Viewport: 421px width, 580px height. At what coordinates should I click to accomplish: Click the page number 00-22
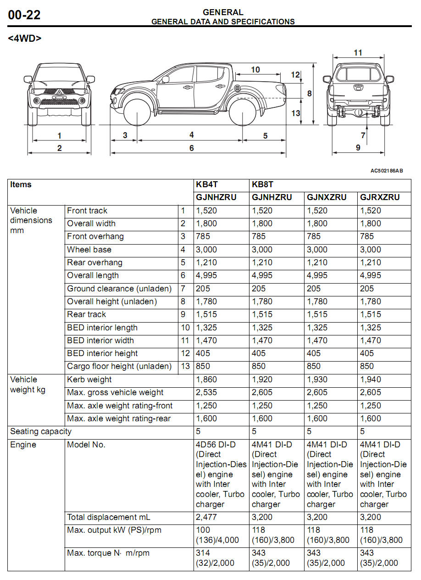tap(24, 15)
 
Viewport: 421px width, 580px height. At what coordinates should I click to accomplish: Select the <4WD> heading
tap(24, 39)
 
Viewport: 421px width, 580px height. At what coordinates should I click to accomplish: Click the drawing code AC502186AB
tap(387, 171)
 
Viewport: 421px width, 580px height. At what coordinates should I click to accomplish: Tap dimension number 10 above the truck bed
tap(255, 70)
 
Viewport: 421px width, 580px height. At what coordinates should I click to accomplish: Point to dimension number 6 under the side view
tap(192, 148)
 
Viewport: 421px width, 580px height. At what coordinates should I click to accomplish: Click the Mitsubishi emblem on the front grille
tap(59, 94)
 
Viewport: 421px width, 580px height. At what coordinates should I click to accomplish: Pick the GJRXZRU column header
tap(380, 197)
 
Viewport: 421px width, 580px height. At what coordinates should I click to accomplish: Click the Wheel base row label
tap(89, 250)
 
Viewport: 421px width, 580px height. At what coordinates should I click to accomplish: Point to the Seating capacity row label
tap(41, 431)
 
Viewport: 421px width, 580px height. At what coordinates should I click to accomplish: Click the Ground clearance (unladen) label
tap(119, 289)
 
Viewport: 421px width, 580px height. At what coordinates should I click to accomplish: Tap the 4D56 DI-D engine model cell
tap(221, 474)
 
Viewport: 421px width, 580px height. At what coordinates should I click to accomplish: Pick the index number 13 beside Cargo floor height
tap(185, 366)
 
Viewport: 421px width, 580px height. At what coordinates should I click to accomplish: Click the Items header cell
tap(21, 184)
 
